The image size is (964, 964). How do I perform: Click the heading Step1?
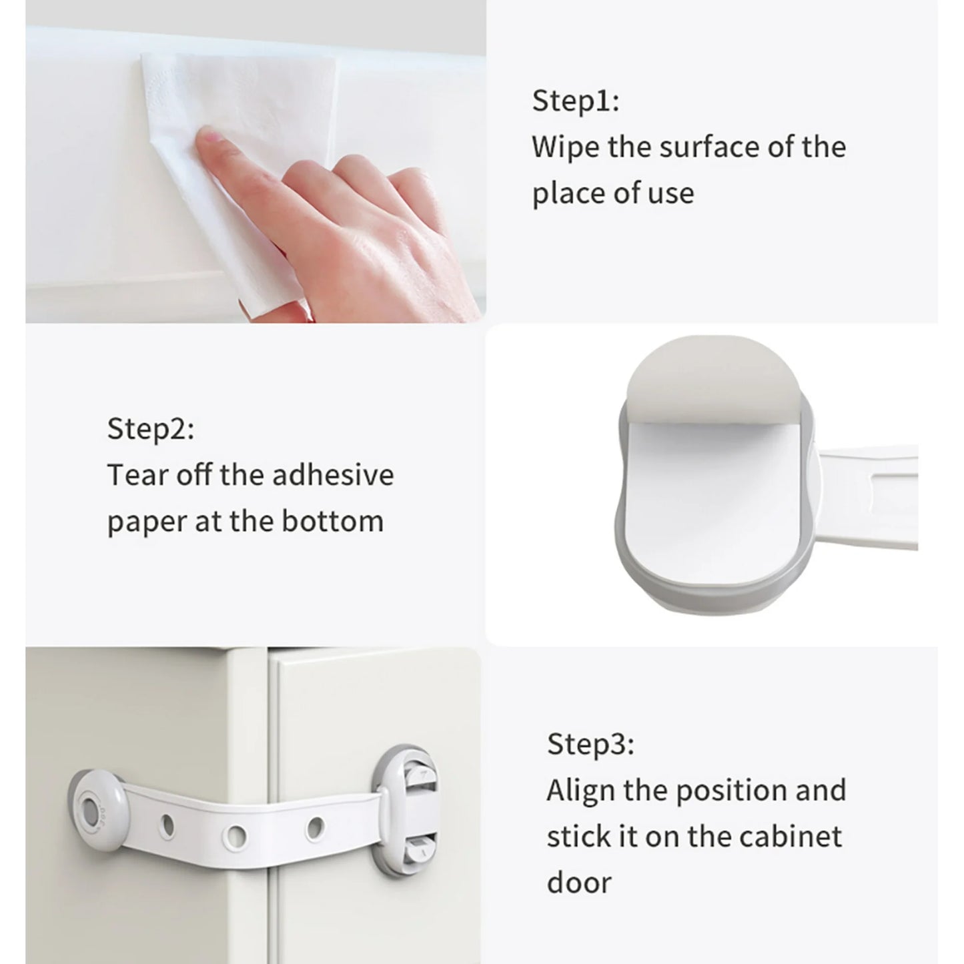click(x=575, y=101)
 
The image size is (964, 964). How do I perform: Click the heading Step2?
click(x=151, y=429)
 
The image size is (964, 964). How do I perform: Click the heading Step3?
click(x=590, y=744)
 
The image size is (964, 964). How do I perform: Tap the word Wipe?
click(x=565, y=147)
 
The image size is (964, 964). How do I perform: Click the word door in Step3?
click(x=578, y=883)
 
